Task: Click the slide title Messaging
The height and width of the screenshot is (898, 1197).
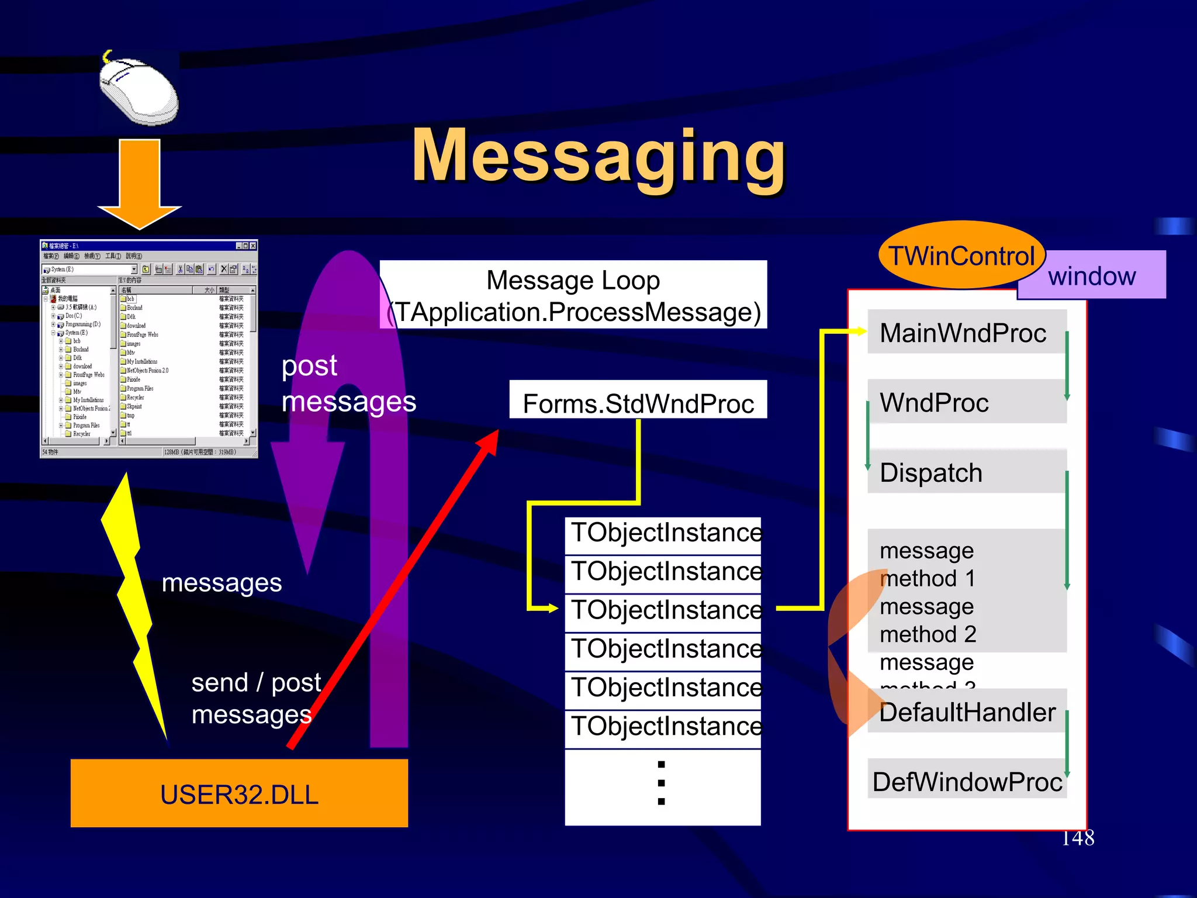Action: point(598,157)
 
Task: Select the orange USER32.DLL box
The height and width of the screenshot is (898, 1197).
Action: point(239,793)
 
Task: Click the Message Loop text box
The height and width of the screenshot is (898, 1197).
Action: point(573,295)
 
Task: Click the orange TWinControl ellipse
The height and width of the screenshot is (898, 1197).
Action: point(961,256)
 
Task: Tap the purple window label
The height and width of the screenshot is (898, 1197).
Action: point(1092,276)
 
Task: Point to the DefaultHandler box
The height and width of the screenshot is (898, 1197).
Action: point(967,712)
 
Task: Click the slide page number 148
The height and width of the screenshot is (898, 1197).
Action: point(1077,838)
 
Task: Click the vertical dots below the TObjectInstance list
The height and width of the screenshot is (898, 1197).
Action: point(661,783)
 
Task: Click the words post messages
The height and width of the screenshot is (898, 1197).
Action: point(348,384)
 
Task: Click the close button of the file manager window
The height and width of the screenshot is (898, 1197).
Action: point(253,246)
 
